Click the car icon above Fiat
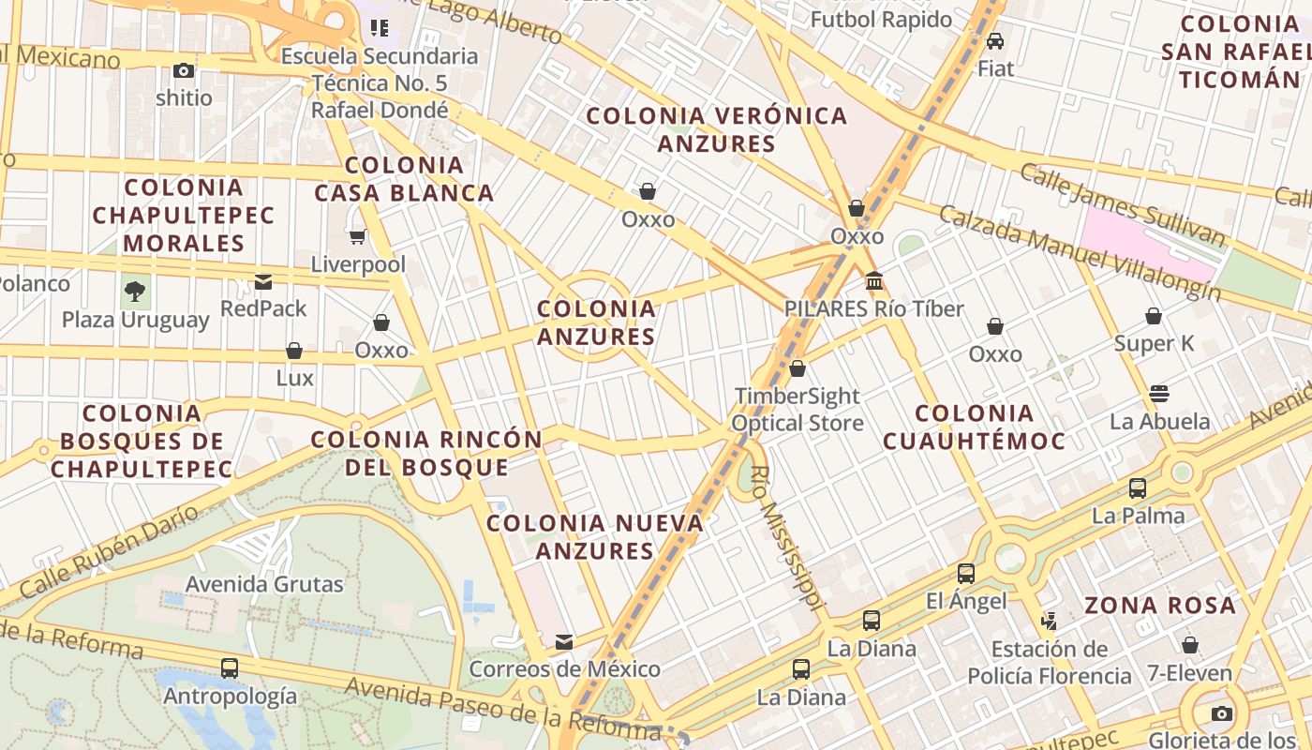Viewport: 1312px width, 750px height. (995, 41)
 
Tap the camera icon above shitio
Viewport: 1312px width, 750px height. (184, 70)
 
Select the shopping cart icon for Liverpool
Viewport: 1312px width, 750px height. (357, 237)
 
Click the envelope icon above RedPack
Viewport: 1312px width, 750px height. (263, 281)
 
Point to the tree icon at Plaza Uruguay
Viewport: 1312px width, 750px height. (135, 292)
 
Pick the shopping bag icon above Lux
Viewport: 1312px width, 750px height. (294, 351)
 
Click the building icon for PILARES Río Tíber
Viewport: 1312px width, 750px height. (874, 280)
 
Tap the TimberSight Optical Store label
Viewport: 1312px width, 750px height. (797, 410)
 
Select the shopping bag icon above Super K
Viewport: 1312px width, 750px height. (1154, 316)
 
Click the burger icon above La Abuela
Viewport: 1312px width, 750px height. (1159, 393)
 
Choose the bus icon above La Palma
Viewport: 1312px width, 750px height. (1138, 487)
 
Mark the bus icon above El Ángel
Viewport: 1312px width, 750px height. (966, 573)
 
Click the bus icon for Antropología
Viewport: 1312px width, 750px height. (230, 668)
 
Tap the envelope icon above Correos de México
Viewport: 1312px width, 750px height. (564, 642)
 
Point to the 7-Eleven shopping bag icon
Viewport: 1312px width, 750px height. (1189, 645)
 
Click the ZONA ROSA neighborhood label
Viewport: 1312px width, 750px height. (1160, 606)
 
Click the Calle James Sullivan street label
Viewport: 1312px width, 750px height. (1122, 204)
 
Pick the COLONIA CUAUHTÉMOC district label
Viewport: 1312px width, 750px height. (974, 427)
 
